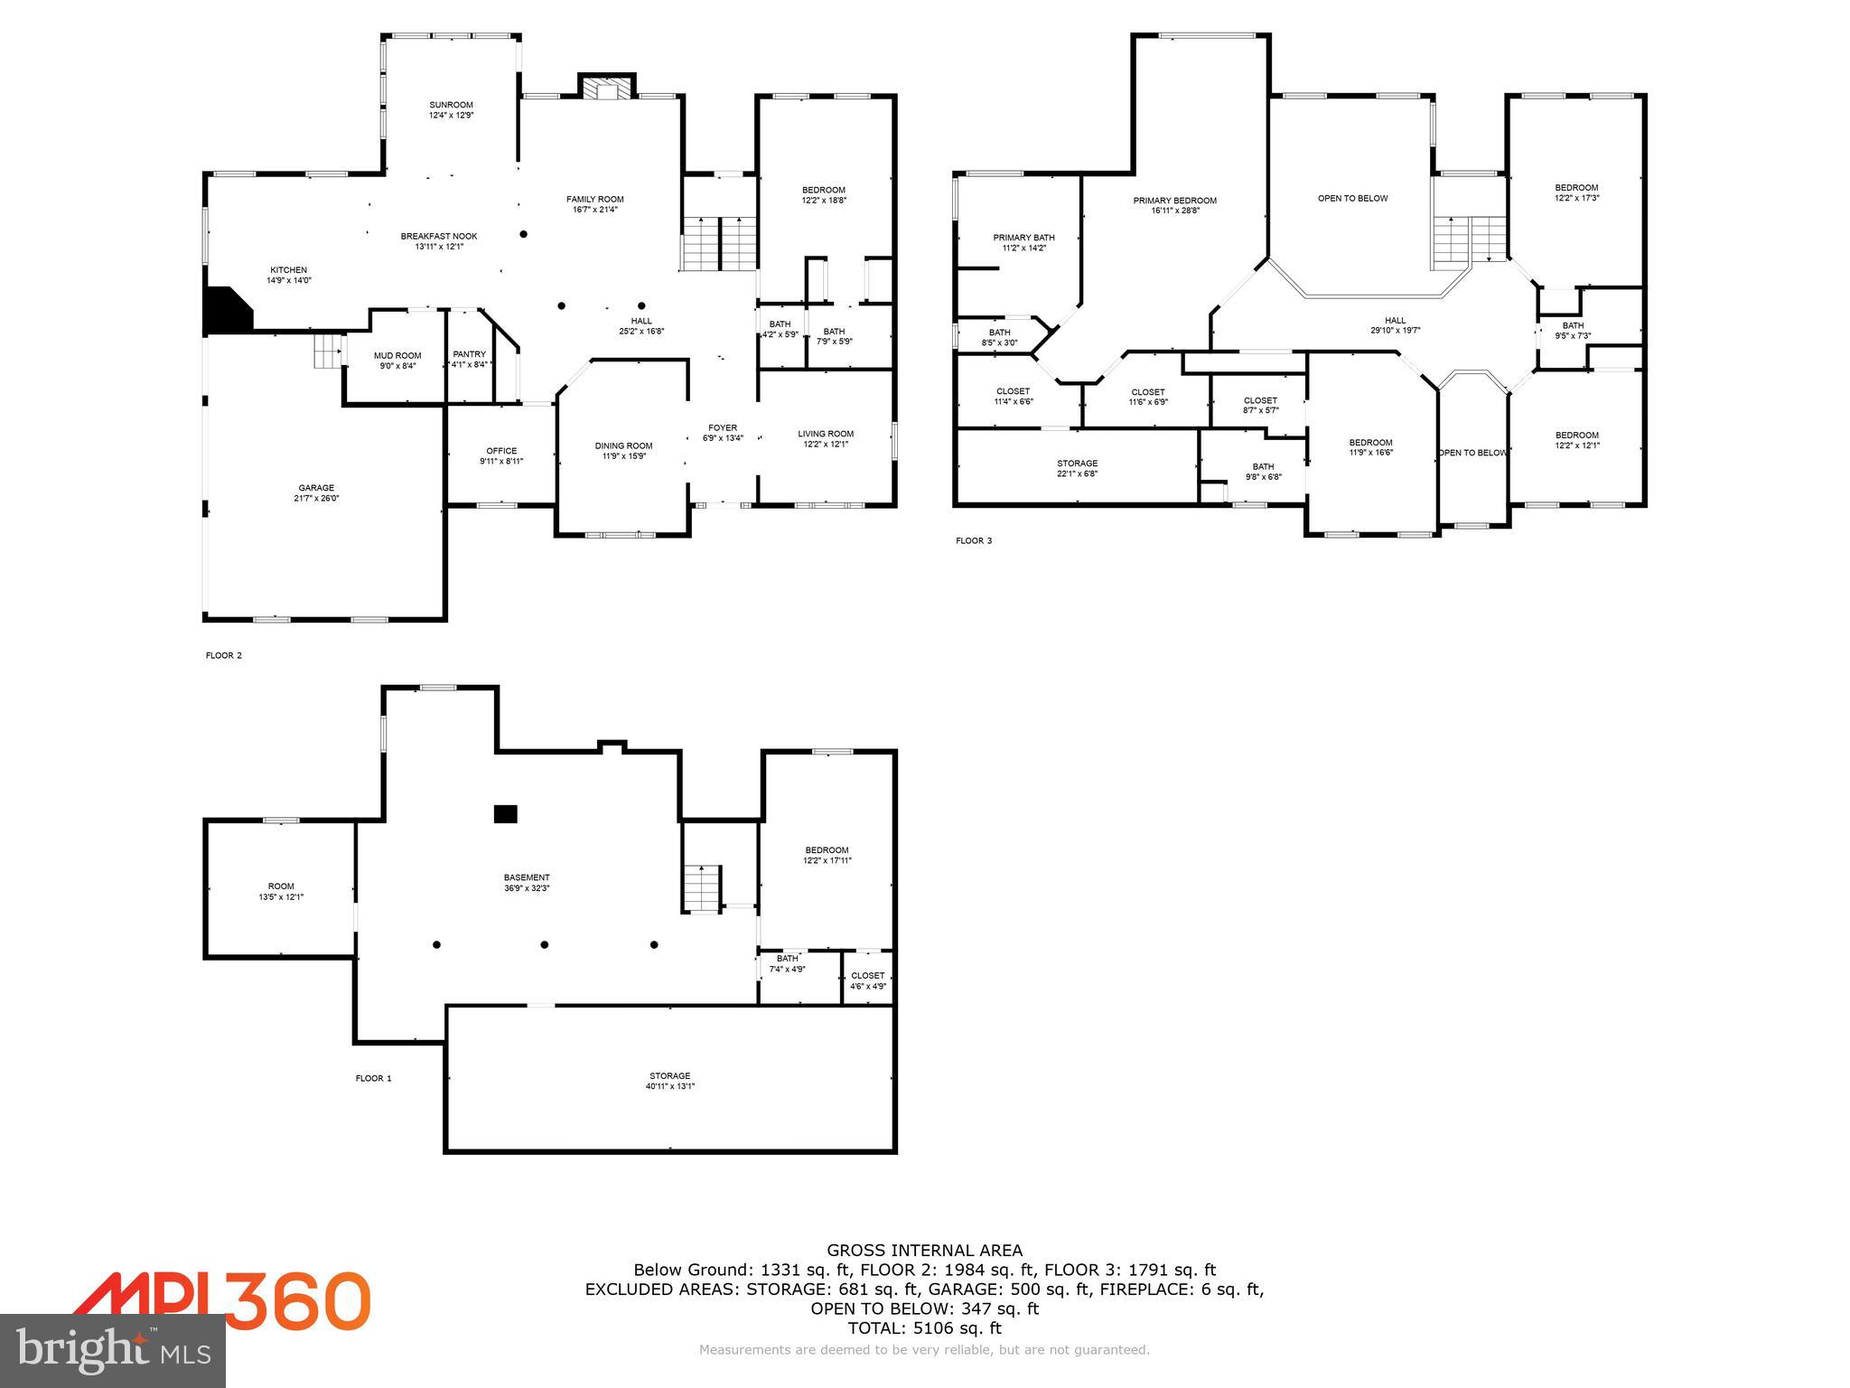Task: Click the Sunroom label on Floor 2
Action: pyautogui.click(x=451, y=105)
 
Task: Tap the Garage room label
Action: pyautogui.click(x=316, y=488)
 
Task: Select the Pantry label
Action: pyautogui.click(x=469, y=354)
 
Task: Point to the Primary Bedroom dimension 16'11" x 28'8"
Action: pyautogui.click(x=1175, y=211)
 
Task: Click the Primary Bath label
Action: pyautogui.click(x=1023, y=238)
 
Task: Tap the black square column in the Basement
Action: pyautogui.click(x=505, y=813)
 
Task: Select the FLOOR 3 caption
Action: pyautogui.click(x=974, y=541)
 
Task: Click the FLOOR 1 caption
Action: pyautogui.click(x=373, y=1078)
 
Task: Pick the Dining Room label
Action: pyautogui.click(x=623, y=445)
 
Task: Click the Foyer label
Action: pyautogui.click(x=723, y=427)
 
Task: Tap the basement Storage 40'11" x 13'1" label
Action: pyautogui.click(x=669, y=1081)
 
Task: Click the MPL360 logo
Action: pyautogui.click(x=221, y=1301)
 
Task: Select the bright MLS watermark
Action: pyautogui.click(x=113, y=1350)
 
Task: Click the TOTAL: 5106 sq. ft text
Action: pyautogui.click(x=924, y=1327)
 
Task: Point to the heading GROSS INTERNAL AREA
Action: pyautogui.click(x=924, y=1251)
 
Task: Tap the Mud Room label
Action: pyautogui.click(x=397, y=355)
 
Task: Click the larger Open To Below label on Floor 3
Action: pyautogui.click(x=1352, y=198)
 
